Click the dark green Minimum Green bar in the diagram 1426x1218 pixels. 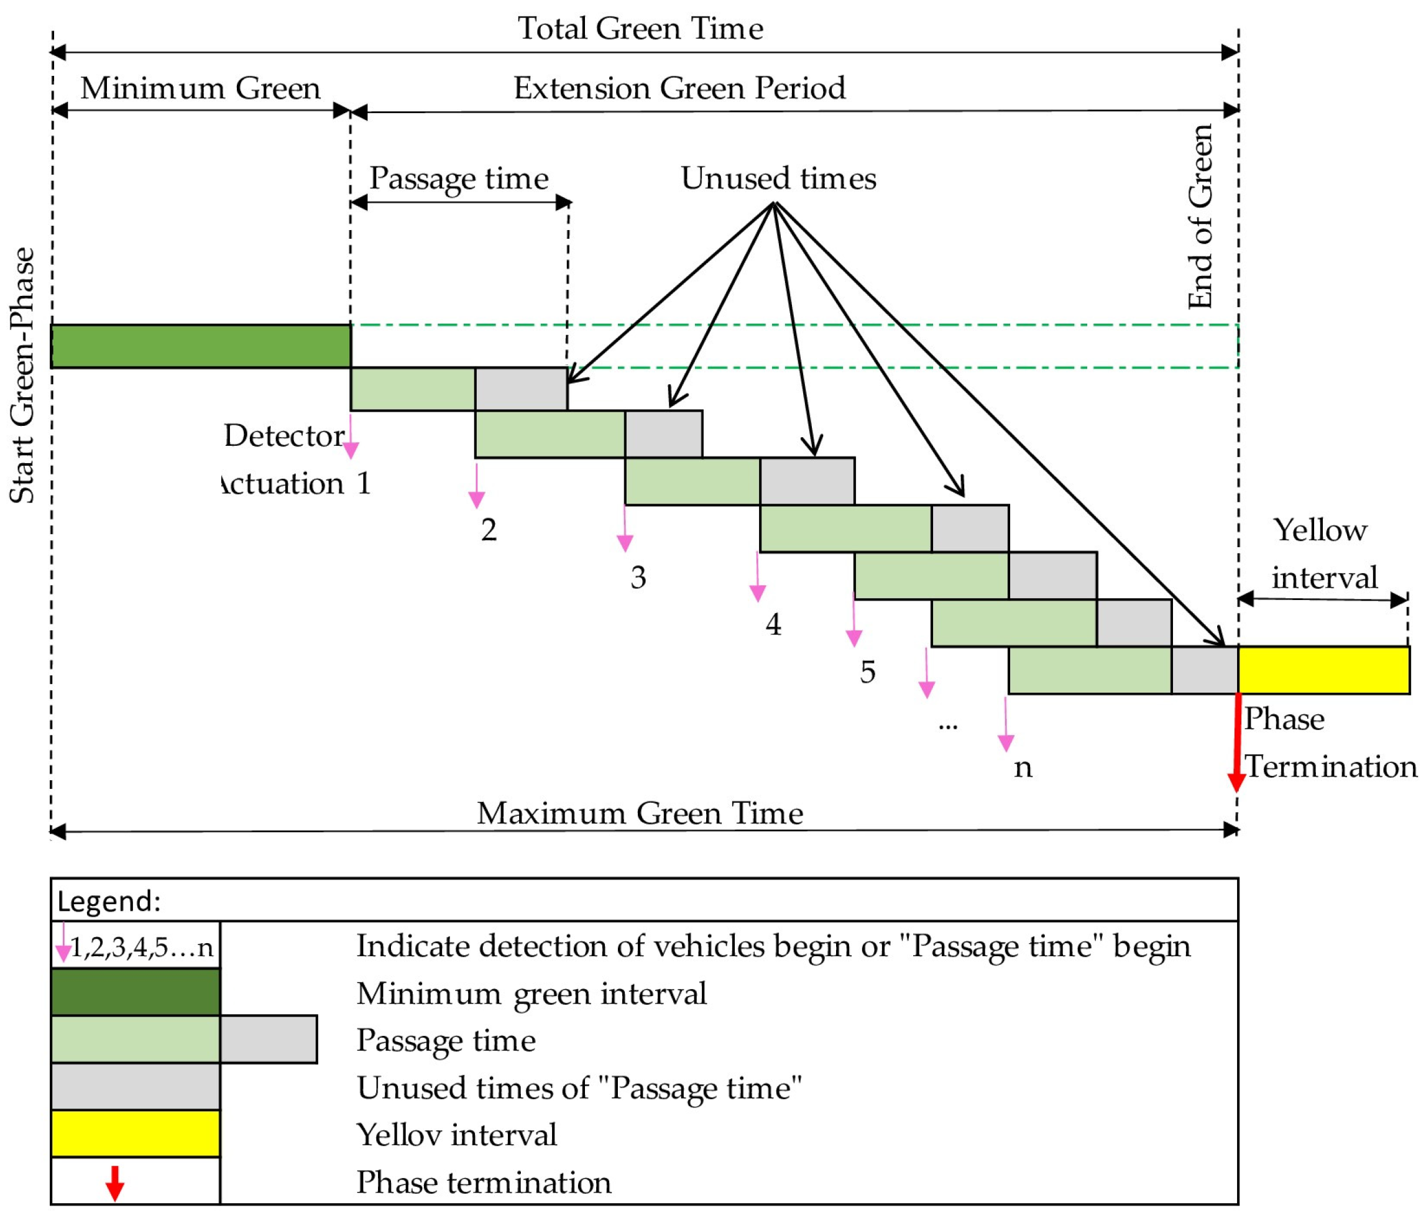click(200, 346)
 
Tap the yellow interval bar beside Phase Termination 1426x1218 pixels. click(1323, 670)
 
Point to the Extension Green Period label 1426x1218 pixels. click(679, 88)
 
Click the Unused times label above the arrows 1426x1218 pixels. click(778, 178)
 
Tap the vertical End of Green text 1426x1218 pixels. click(1200, 217)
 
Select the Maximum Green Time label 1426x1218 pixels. click(640, 813)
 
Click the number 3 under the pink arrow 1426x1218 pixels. click(638, 577)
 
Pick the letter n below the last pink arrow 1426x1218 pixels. click(1023, 768)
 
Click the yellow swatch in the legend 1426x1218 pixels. click(136, 1134)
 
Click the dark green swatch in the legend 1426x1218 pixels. click(136, 992)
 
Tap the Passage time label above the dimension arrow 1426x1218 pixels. click(459, 178)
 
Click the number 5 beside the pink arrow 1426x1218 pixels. click(867, 671)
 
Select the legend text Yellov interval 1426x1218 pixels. click(456, 1135)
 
